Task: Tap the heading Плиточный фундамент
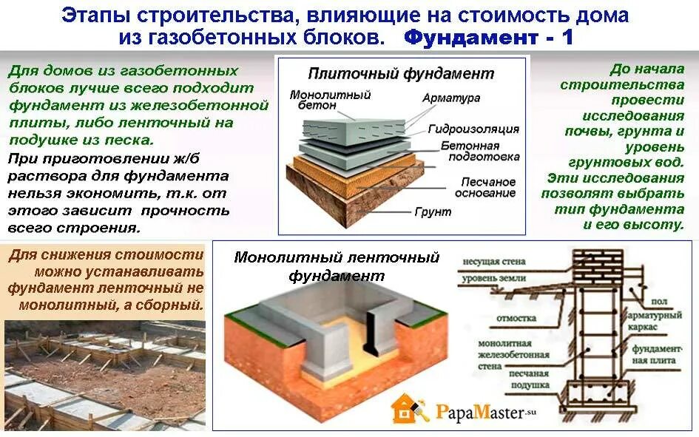400,73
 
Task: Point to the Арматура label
451,98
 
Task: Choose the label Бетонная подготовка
470,152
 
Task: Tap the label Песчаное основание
486,187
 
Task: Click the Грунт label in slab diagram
433,211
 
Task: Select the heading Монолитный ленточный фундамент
337,266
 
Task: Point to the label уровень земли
493,280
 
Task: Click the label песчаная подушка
528,379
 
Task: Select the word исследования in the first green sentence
632,116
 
